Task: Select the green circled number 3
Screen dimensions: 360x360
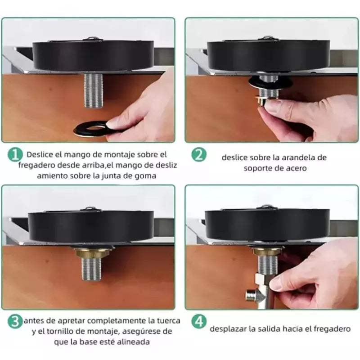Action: pos(14,321)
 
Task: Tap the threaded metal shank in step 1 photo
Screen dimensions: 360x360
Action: pos(94,90)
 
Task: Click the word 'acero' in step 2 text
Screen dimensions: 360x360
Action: pos(297,168)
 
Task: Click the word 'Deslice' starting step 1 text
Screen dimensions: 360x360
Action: pos(40,154)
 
